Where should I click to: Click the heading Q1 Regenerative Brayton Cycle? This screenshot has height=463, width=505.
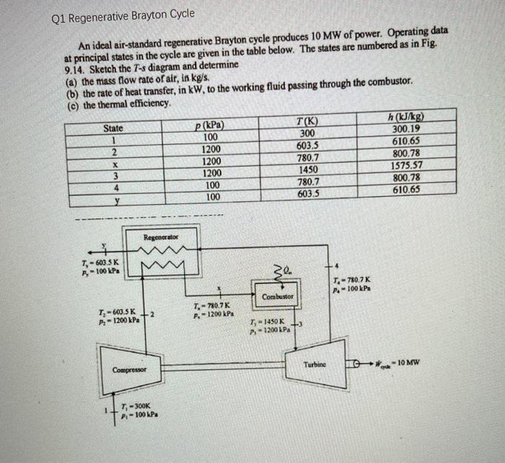pyautogui.click(x=123, y=14)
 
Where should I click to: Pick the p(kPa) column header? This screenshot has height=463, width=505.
pyautogui.click(x=210, y=125)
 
